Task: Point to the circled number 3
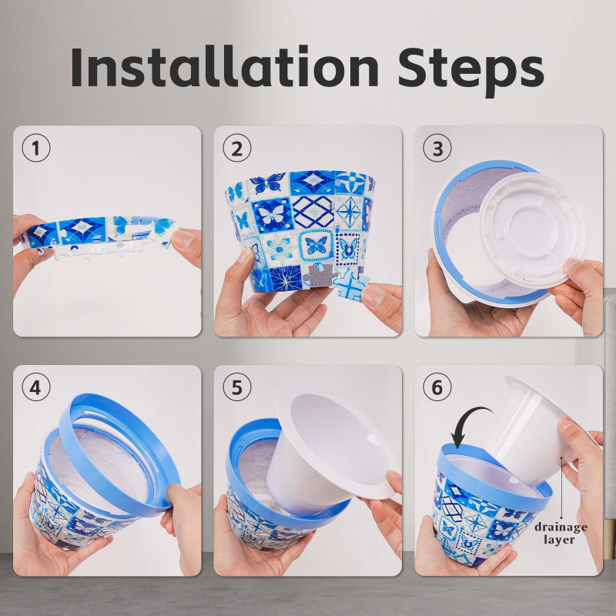(x=437, y=149)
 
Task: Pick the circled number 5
(x=235, y=388)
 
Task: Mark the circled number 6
(x=437, y=388)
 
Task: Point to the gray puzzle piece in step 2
(x=318, y=279)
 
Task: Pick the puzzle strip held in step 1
(x=100, y=231)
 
